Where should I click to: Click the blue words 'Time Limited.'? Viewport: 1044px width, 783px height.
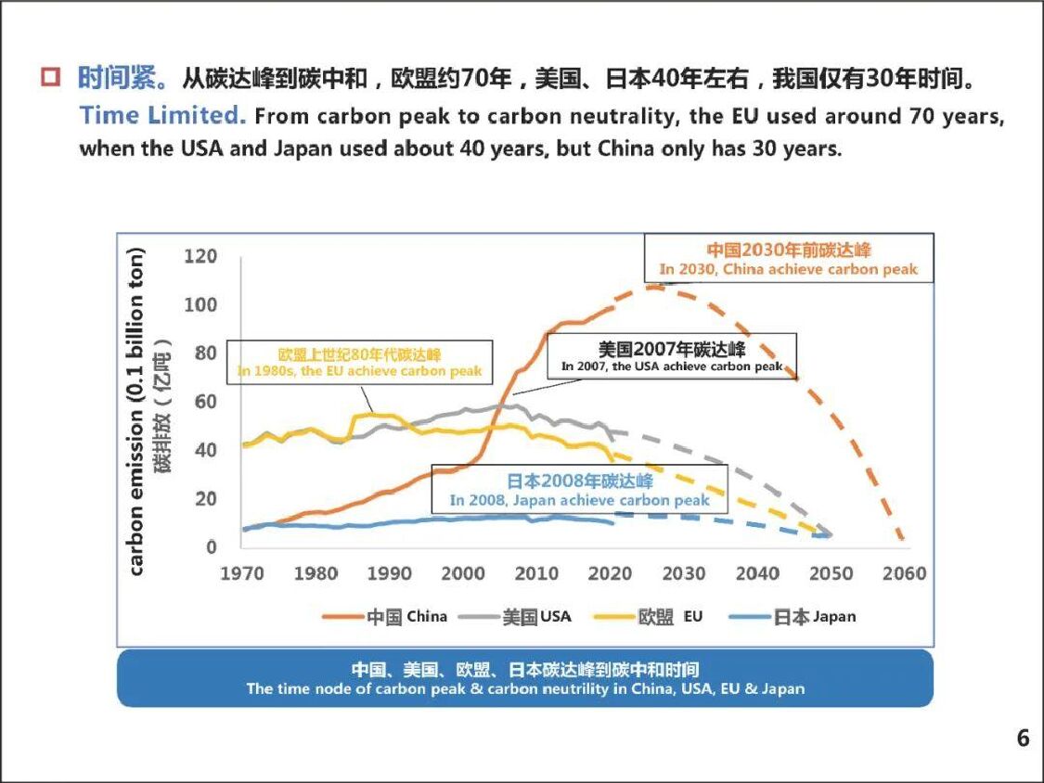pyautogui.click(x=161, y=116)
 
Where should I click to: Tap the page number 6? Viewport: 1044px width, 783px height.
pyautogui.click(x=1023, y=738)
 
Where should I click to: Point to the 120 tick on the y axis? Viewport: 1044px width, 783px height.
pyautogui.click(x=200, y=257)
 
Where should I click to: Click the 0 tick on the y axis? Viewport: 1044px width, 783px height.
pyautogui.click(x=212, y=546)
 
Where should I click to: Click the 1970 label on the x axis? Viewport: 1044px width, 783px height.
pyautogui.click(x=242, y=573)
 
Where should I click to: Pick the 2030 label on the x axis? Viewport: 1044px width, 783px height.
pyautogui.click(x=684, y=573)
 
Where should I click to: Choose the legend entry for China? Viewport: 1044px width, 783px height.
pyautogui.click(x=384, y=617)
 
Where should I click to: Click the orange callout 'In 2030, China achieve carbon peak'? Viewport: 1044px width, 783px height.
pyautogui.click(x=789, y=260)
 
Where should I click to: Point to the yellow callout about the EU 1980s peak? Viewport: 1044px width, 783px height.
pyautogui.click(x=360, y=363)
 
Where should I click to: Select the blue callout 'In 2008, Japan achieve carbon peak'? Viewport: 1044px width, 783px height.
pyautogui.click(x=580, y=491)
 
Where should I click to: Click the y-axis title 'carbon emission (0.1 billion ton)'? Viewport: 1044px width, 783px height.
pyautogui.click(x=137, y=412)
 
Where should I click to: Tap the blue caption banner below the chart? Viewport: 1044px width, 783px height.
pyautogui.click(x=524, y=678)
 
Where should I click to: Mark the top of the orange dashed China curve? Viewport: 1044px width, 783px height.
pyautogui.click(x=655, y=288)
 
